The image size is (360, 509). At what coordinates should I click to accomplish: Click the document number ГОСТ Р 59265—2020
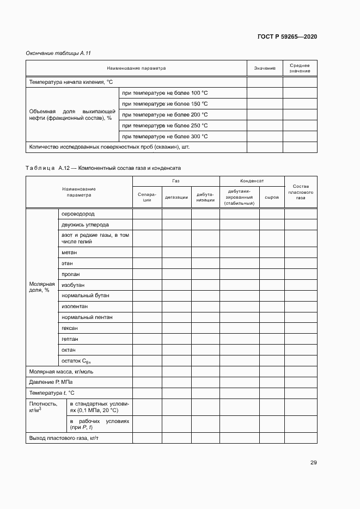pos(287,36)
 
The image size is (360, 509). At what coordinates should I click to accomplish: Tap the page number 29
pos(314,463)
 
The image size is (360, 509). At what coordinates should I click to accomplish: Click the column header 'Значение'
pos(265,69)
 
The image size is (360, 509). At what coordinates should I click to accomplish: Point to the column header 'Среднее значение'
pos(300,69)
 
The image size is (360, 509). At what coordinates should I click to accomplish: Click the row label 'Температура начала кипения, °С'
pos(70,82)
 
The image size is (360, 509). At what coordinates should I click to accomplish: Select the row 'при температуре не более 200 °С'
pos(164,114)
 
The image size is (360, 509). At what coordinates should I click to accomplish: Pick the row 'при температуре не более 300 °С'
pos(164,136)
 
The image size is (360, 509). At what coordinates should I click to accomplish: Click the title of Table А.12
pos(103,168)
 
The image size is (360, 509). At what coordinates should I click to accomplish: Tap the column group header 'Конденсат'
pos(252,180)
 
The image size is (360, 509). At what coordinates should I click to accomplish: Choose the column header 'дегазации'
pos(176,197)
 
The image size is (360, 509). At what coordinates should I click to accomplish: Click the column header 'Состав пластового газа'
pos(301,192)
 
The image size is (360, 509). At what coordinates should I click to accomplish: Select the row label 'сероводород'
pos(78,213)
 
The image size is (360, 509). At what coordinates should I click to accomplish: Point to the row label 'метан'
pos(69,253)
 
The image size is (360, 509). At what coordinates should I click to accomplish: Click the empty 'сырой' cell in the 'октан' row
pos(272,349)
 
